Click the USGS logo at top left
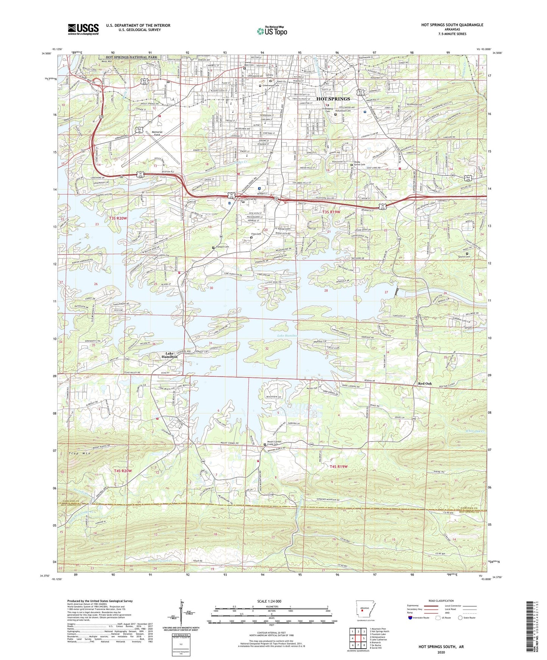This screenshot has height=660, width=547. pos(83,29)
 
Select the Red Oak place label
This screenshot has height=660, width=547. pos(425,384)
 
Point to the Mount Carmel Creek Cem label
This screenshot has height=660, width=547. pos(276,443)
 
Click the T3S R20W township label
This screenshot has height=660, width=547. pos(117,218)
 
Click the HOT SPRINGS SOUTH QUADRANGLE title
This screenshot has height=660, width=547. pos(452,25)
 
